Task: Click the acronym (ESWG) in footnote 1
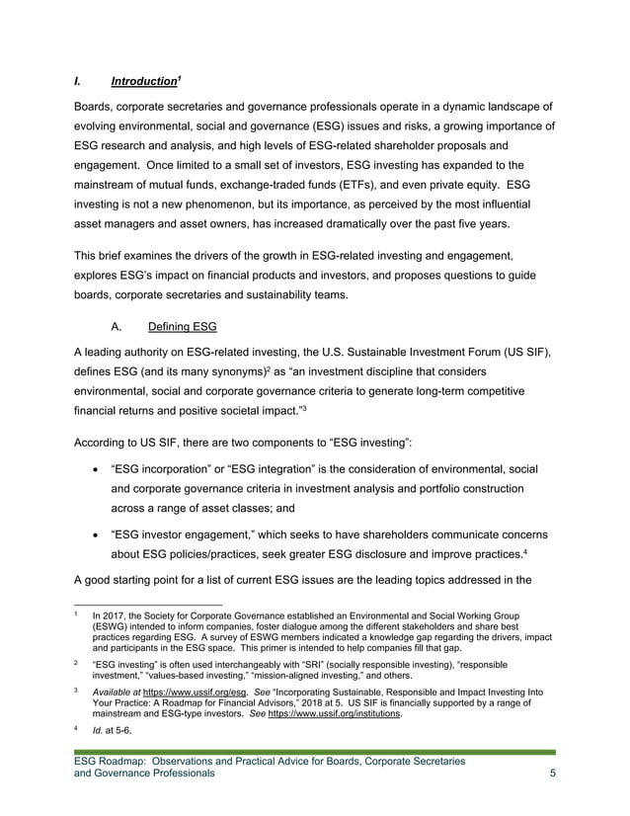114,626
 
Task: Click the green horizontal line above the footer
314,753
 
